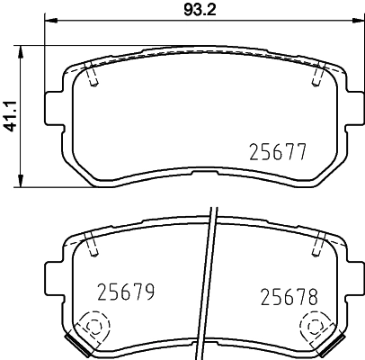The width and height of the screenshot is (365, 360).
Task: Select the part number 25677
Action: (x=277, y=152)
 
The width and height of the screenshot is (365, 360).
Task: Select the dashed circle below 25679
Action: (x=93, y=326)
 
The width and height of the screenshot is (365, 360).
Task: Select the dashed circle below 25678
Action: (x=315, y=326)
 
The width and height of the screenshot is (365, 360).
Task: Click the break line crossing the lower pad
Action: (x=209, y=279)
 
